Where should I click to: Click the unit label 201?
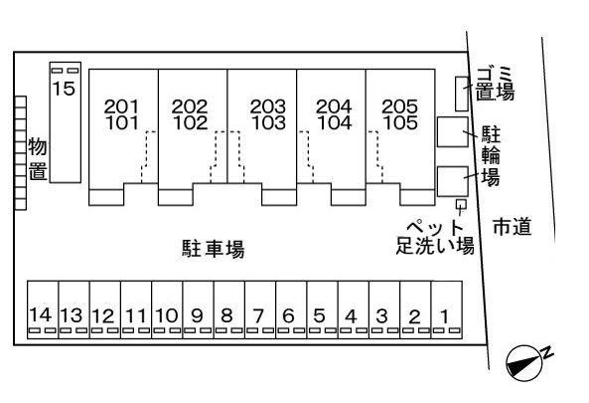(121, 106)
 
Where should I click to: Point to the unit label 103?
(268, 123)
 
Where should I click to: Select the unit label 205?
(399, 106)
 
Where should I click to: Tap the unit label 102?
(191, 123)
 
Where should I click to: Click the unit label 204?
(334, 106)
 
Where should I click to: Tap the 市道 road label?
(512, 227)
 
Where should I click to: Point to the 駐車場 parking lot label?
(214, 249)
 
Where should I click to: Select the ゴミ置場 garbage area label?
(495, 84)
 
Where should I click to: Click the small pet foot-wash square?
(461, 204)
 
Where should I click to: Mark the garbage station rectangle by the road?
(462, 94)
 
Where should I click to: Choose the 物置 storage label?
(38, 158)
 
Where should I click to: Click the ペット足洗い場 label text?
(435, 237)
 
